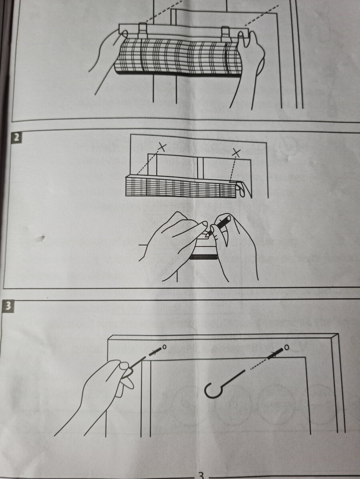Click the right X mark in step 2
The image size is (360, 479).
tap(237, 152)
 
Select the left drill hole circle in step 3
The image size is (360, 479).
tap(164, 346)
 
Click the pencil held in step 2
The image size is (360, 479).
tap(219, 226)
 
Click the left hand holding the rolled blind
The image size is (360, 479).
tap(105, 52)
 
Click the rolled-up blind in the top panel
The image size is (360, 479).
tap(178, 58)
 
